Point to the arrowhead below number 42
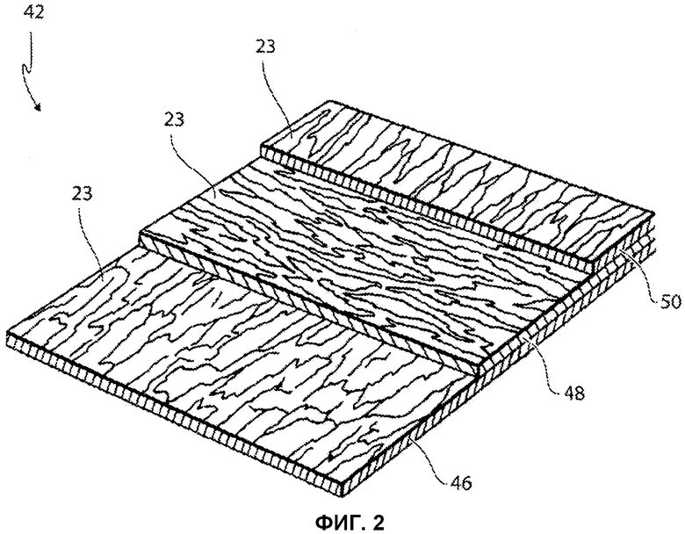pos(39,108)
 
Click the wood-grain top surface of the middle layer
pos(351,255)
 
